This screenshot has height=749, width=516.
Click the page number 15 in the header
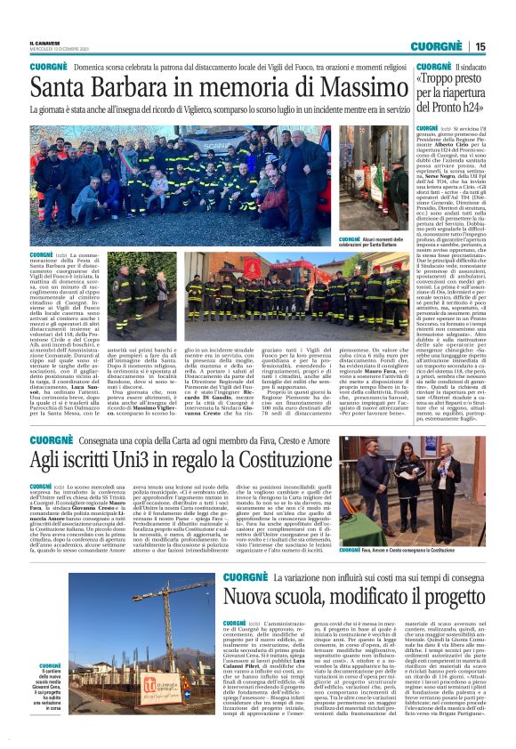[504, 46]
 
